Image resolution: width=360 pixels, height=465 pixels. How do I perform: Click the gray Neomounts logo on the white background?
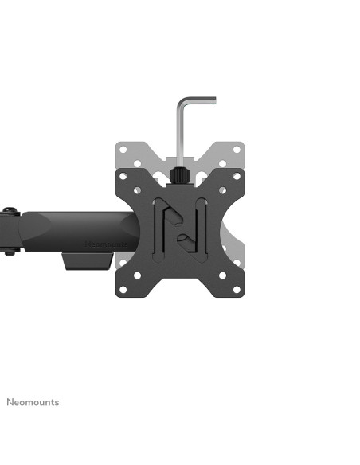[33, 402]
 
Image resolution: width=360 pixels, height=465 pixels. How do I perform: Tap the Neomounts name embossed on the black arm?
[106, 244]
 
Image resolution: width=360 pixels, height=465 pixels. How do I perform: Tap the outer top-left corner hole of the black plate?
[123, 176]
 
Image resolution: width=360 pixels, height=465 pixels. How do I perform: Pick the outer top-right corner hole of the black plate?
[237, 176]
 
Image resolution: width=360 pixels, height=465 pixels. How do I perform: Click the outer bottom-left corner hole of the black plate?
[123, 290]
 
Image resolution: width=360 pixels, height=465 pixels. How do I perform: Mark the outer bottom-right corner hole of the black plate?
[237, 290]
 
